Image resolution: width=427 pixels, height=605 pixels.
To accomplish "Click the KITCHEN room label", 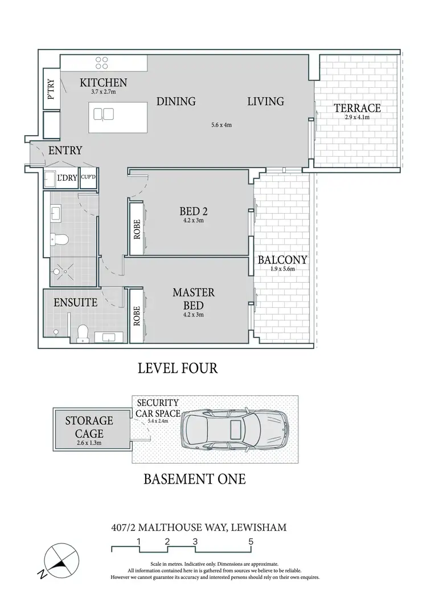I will tap(103, 83).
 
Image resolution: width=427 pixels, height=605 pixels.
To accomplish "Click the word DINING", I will tap(176, 101).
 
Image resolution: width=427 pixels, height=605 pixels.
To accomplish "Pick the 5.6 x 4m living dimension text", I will tap(221, 124).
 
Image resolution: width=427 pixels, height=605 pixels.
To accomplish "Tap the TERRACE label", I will tap(357, 108).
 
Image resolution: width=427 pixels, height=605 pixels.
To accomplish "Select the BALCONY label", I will tap(282, 260).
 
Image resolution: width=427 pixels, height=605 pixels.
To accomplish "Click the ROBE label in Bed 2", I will tap(137, 229).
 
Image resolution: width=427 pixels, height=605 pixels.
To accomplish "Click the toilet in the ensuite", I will tap(82, 331).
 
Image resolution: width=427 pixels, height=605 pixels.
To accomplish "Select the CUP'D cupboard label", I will tap(88, 177).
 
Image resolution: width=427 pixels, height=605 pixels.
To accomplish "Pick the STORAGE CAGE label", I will tap(89, 427).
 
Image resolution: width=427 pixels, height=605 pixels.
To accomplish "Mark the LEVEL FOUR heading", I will tap(178, 368).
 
